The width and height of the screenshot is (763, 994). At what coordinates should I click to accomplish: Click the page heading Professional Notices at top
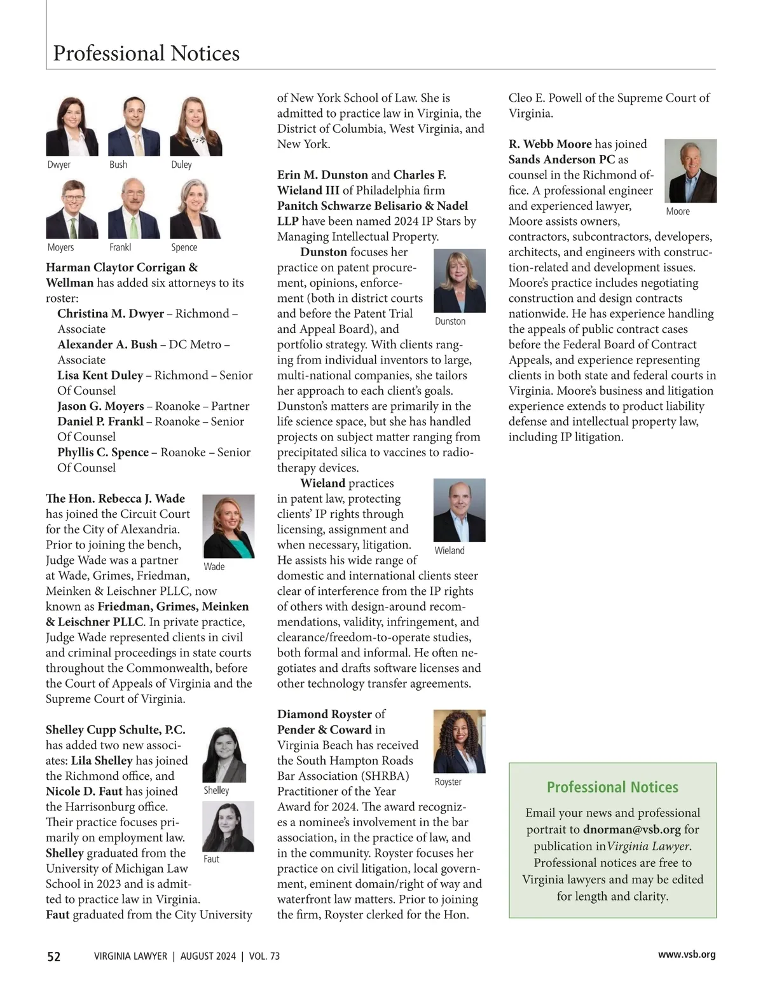click(x=146, y=53)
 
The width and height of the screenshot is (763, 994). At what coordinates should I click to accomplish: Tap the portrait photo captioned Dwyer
click(x=72, y=126)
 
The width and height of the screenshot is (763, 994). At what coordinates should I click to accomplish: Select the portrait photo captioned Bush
click(x=134, y=126)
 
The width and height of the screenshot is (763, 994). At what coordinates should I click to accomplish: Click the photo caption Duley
click(x=181, y=165)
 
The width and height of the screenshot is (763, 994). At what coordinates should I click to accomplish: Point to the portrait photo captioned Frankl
click(x=134, y=208)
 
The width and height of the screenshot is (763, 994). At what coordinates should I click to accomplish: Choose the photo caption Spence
click(x=184, y=247)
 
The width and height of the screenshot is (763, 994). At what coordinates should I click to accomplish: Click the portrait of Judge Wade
click(x=228, y=526)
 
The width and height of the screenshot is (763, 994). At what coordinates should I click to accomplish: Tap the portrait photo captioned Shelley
click(x=224, y=754)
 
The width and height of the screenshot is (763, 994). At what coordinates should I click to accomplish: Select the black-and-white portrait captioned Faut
click(x=228, y=826)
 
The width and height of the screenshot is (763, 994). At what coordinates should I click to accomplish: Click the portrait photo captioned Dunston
click(x=459, y=281)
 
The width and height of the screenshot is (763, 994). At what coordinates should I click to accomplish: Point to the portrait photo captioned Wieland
click(x=459, y=510)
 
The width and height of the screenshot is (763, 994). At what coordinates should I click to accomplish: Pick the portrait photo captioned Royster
click(x=459, y=741)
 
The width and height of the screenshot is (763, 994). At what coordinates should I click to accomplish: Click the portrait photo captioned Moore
click(x=690, y=171)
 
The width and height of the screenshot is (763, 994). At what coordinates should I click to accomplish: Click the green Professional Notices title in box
click(x=612, y=787)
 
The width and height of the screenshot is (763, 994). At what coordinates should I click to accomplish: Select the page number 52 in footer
click(x=54, y=957)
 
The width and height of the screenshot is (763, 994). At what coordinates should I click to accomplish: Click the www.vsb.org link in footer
click(x=687, y=955)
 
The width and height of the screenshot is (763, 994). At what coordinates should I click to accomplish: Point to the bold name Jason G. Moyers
click(x=100, y=406)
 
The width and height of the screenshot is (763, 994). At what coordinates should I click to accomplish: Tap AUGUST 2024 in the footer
click(x=208, y=957)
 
